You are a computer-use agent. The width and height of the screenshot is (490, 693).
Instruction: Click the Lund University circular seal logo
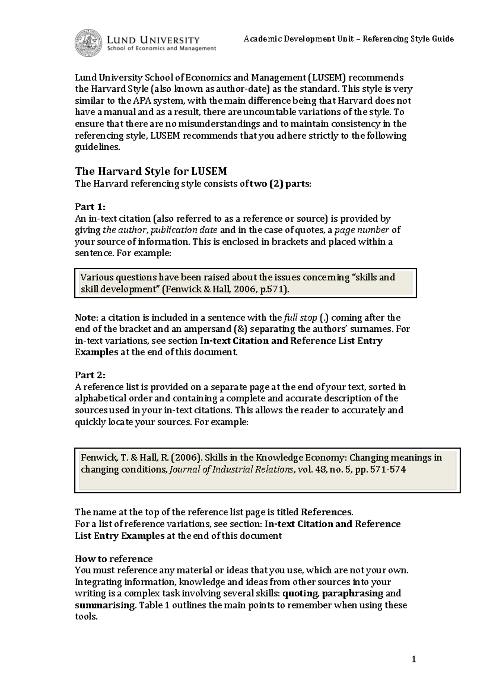point(89,43)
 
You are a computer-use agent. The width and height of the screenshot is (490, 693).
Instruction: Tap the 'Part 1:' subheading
point(90,207)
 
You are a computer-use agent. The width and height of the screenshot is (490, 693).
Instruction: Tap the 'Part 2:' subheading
point(90,375)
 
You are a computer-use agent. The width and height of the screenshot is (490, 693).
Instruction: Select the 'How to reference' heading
point(114,559)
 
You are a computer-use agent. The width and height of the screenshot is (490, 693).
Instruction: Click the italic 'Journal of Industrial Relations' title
point(231,470)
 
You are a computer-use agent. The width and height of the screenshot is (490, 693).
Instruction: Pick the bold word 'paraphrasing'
point(353,593)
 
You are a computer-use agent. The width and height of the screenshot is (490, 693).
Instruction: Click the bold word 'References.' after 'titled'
point(327,512)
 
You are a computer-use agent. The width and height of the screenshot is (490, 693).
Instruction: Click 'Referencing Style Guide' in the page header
point(408,39)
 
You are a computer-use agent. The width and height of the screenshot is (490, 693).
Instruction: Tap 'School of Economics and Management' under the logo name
point(161,49)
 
